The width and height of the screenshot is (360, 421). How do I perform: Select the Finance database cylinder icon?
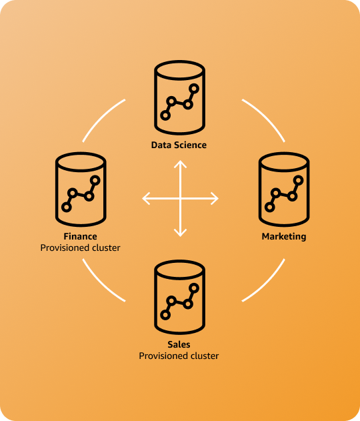(x=81, y=190)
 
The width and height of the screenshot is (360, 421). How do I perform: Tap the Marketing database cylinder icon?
(x=283, y=190)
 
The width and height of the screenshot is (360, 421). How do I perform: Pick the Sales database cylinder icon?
(x=179, y=298)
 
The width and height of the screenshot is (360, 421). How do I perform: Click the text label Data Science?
(x=179, y=145)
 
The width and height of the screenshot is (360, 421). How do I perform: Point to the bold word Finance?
(x=81, y=236)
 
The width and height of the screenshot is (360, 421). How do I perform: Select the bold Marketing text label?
(x=283, y=236)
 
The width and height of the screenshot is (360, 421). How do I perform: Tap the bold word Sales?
(x=179, y=344)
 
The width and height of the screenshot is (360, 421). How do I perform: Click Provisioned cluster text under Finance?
(x=81, y=248)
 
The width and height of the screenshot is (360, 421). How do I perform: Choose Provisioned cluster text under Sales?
(x=179, y=356)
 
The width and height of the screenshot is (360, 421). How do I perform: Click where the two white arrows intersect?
(x=180, y=198)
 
